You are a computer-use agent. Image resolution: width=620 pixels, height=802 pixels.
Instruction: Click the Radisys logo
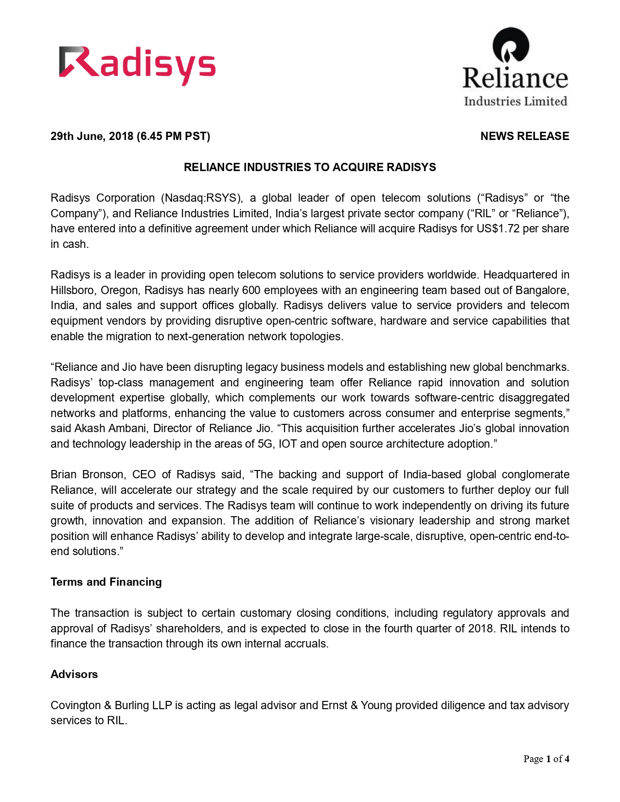[x=137, y=65]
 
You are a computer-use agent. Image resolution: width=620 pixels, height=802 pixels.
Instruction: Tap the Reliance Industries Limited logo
[x=515, y=67]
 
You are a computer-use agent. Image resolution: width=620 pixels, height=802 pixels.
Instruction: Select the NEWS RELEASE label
[x=524, y=136]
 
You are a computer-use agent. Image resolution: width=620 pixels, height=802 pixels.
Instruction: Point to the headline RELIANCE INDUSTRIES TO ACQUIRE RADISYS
[x=310, y=167]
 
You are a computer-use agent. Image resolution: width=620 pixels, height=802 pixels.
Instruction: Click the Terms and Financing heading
[x=106, y=582]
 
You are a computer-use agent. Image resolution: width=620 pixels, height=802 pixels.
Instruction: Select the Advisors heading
[x=74, y=675]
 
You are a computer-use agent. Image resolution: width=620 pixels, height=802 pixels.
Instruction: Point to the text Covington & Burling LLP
[x=111, y=705]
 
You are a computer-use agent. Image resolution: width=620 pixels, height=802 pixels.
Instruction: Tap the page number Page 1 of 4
[x=546, y=759]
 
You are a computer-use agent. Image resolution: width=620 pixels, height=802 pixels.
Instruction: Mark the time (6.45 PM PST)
[x=174, y=136]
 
